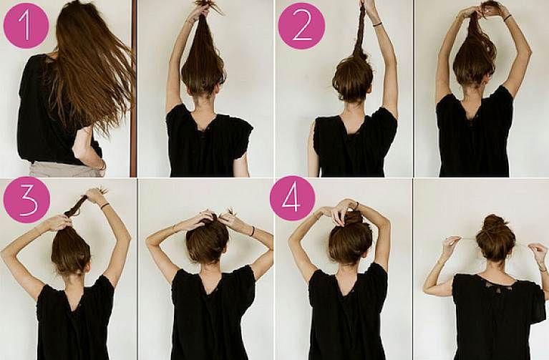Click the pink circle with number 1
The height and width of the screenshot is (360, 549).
pyautogui.click(x=26, y=26)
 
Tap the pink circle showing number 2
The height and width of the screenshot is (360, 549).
pyautogui.click(x=301, y=26)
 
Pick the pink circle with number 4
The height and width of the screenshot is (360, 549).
pyautogui.click(x=292, y=198)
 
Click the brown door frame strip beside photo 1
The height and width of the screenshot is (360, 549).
pyautogui.click(x=133, y=88)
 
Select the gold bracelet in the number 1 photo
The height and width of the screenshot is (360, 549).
pyautogui.click(x=102, y=165)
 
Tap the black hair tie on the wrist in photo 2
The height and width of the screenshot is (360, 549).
pyautogui.click(x=376, y=24)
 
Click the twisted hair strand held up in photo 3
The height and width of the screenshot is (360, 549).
pyautogui.click(x=75, y=208)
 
